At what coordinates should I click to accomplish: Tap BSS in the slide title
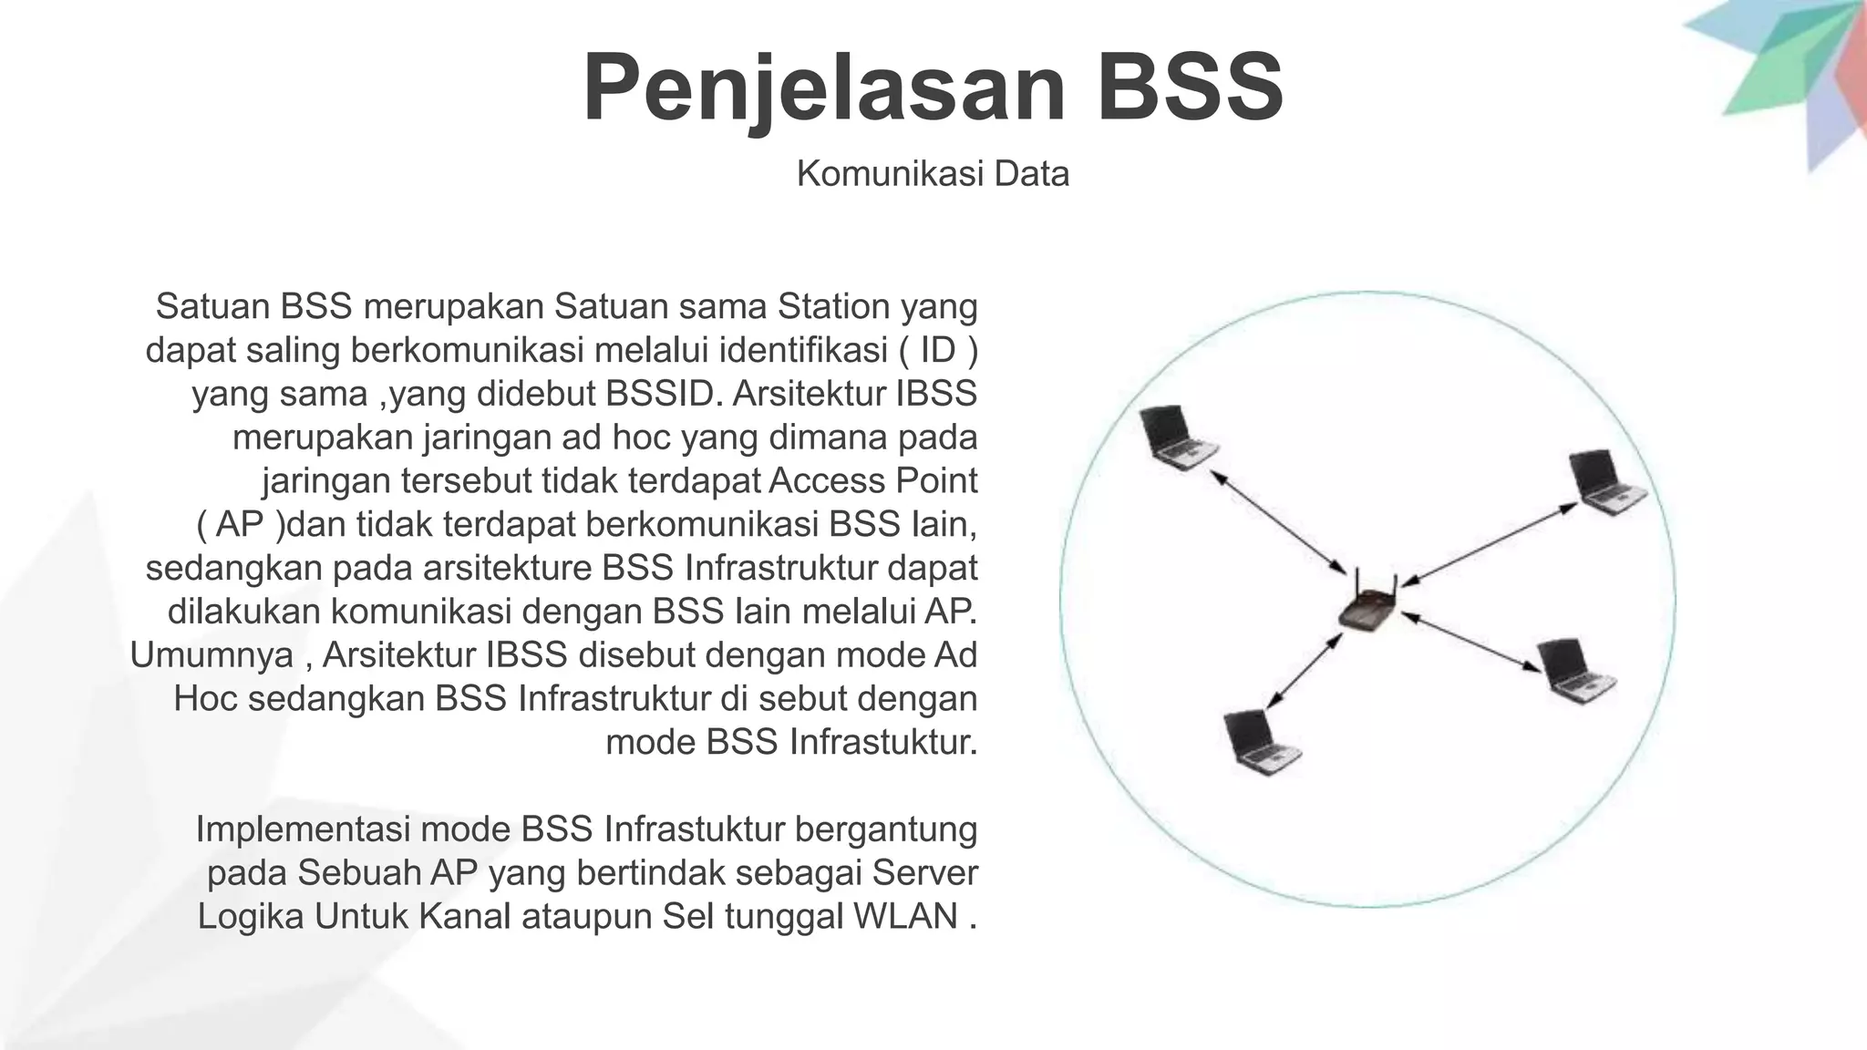pyautogui.click(x=1191, y=88)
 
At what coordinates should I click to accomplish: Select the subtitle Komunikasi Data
pyautogui.click(x=932, y=173)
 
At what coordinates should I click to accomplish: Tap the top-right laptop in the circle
pyautogui.click(x=1605, y=483)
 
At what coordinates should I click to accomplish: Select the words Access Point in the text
pyautogui.click(x=873, y=480)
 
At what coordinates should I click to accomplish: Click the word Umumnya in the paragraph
pyautogui.click(x=211, y=655)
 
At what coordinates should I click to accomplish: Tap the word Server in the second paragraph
pyautogui.click(x=923, y=872)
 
